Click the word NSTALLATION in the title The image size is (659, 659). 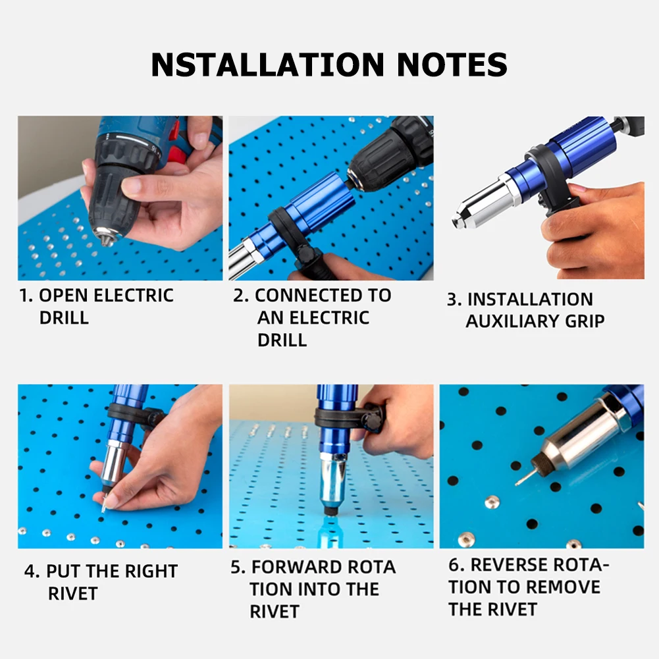267,64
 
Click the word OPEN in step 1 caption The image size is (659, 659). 65,295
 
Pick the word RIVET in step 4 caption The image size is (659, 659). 72,593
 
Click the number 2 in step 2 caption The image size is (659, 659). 238,296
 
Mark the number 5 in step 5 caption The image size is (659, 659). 236,567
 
